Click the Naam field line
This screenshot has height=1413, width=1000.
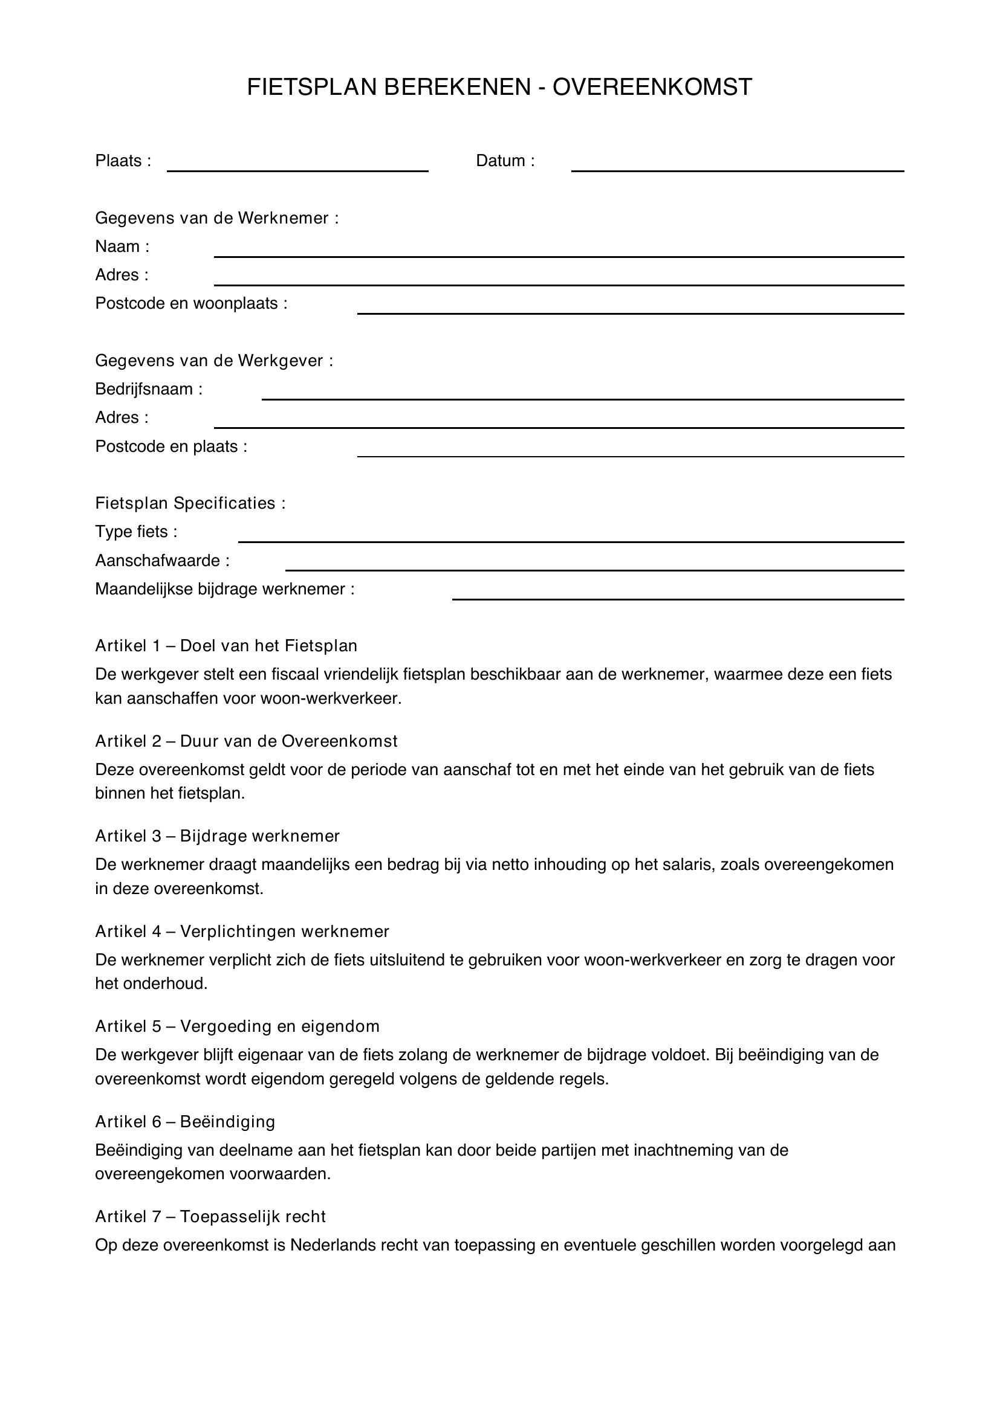[559, 253]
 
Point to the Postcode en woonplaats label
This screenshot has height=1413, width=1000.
[191, 303]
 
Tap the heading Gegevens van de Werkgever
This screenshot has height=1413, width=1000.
[213, 361]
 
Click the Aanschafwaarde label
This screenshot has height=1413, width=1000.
[162, 561]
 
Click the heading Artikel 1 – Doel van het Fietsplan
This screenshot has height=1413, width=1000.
[226, 646]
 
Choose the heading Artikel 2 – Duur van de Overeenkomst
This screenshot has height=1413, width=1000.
[246, 741]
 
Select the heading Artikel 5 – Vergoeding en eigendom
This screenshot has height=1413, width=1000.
[237, 1026]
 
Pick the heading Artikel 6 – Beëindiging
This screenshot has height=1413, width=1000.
[185, 1121]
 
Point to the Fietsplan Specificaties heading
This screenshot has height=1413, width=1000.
[190, 503]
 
